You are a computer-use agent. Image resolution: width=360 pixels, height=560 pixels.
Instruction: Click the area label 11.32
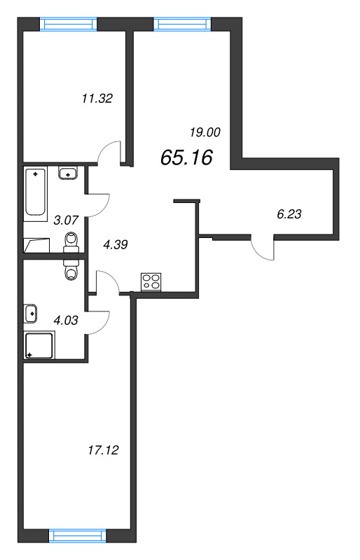click(97, 99)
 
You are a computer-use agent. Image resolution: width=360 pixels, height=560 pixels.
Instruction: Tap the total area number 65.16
click(186, 158)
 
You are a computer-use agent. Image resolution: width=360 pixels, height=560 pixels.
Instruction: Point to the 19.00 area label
click(205, 131)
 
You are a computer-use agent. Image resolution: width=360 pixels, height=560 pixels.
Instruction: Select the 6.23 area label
click(289, 215)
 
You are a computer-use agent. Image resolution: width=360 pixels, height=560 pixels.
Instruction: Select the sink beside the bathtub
click(68, 173)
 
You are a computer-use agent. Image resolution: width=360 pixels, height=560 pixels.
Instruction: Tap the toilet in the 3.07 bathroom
click(70, 241)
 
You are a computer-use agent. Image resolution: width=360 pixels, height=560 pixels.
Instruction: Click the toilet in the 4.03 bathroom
click(71, 269)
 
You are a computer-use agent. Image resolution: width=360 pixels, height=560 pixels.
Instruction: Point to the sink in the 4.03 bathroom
click(31, 313)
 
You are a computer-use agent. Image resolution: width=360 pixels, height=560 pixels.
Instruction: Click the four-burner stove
click(151, 282)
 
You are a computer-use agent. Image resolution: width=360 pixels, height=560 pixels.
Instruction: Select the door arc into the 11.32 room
click(109, 152)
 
